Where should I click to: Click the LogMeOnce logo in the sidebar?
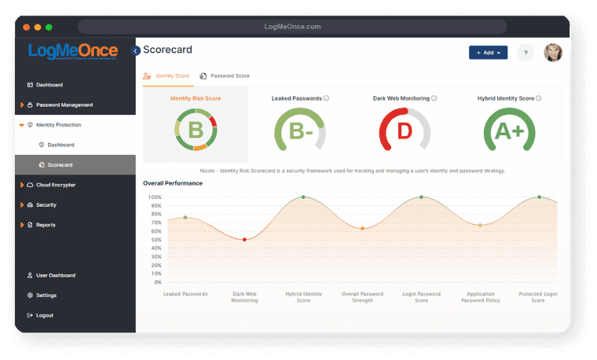click(72, 52)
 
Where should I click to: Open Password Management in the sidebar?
click(64, 105)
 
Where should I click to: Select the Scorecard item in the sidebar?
click(60, 165)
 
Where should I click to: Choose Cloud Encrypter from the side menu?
click(59, 185)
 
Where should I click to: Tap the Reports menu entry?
click(46, 225)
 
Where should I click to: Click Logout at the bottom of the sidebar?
click(45, 315)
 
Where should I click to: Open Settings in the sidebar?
click(46, 296)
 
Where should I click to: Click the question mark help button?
click(525, 53)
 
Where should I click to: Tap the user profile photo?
click(553, 53)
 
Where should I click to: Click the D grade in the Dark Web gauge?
click(405, 131)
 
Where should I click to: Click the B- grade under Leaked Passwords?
click(299, 131)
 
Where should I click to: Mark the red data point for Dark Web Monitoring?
click(244, 239)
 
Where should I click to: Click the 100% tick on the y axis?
click(155, 197)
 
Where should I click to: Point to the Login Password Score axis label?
click(421, 297)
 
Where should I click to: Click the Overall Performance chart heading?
click(173, 183)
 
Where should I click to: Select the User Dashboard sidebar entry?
click(55, 275)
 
